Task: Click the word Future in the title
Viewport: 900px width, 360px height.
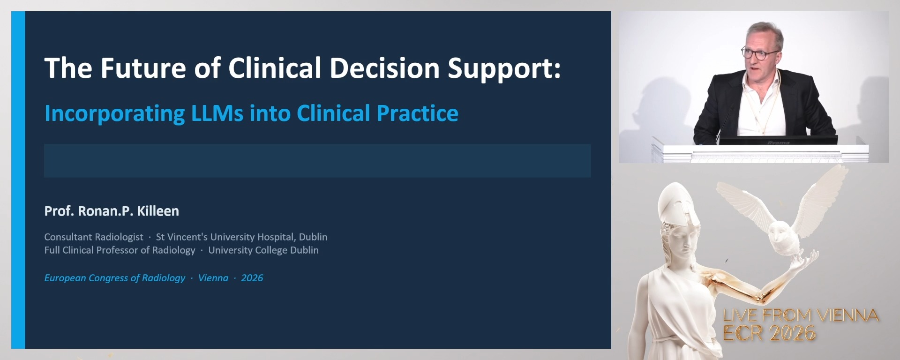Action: pyautogui.click(x=143, y=68)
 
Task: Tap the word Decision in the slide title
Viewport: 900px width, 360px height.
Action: pyautogui.click(x=384, y=68)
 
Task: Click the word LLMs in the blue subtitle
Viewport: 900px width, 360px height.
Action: pyautogui.click(x=217, y=113)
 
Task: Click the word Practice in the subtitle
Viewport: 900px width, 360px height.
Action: pyautogui.click(x=418, y=113)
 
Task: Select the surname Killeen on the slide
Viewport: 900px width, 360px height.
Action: pyautogui.click(x=158, y=211)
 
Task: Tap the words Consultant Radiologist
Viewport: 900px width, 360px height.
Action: pyautogui.click(x=94, y=237)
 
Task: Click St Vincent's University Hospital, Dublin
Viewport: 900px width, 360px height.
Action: pyautogui.click(x=241, y=237)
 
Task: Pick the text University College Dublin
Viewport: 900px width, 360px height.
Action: pyautogui.click(x=263, y=250)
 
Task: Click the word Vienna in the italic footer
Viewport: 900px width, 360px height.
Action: pyautogui.click(x=213, y=278)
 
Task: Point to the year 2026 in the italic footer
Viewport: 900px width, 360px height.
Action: pyautogui.click(x=252, y=278)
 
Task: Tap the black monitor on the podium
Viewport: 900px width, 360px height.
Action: pyautogui.click(x=778, y=140)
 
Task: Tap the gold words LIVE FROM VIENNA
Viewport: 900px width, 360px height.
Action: pyautogui.click(x=801, y=315)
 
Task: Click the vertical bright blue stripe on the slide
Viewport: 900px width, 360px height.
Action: pyautogui.click(x=18, y=180)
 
